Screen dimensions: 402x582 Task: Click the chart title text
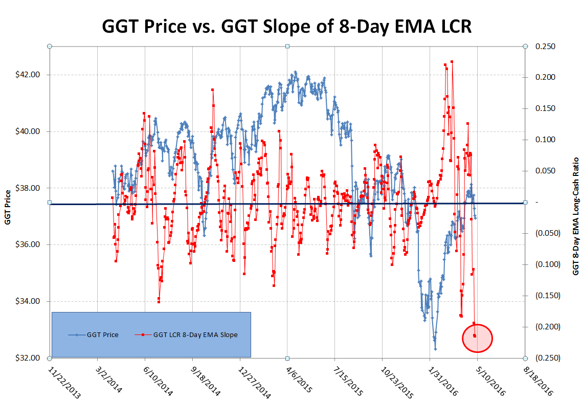click(287, 26)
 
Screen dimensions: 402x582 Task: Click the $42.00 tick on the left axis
click(28, 75)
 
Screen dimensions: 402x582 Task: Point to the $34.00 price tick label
click(28, 301)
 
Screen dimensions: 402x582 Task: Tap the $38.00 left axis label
click(28, 188)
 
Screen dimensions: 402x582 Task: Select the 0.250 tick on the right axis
click(544, 47)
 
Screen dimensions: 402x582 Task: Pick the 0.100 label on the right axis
click(544, 140)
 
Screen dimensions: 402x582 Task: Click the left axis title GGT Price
click(8, 202)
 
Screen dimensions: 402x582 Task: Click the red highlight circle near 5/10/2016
click(477, 338)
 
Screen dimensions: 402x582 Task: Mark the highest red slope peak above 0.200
click(452, 61)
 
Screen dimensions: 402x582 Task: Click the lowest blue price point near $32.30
click(435, 349)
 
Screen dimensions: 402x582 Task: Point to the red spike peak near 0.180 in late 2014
click(212, 90)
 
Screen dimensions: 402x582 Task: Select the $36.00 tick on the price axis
click(28, 244)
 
